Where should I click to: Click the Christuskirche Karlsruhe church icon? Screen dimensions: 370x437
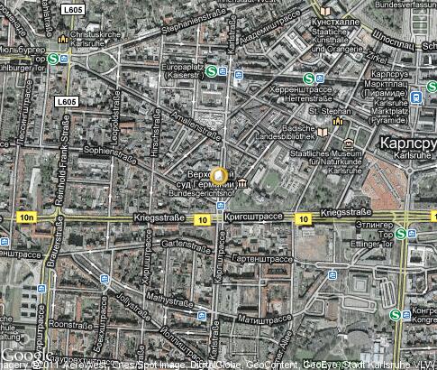[x=62, y=41]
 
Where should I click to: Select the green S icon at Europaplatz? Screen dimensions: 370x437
[x=211, y=71]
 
